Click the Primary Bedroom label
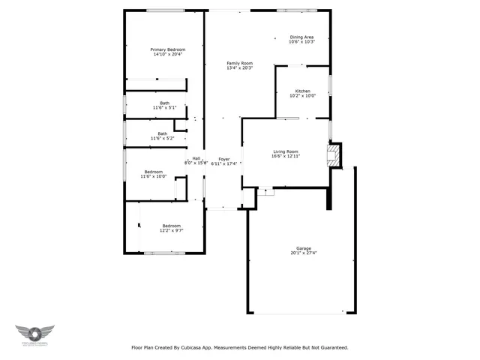point(168,49)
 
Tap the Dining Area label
point(301,37)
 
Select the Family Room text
point(240,63)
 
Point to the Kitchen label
point(302,91)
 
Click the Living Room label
point(285,151)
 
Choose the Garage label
point(303,248)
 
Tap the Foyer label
point(224,159)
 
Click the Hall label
point(196,158)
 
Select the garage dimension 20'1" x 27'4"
point(303,253)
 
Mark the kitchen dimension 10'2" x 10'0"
point(302,96)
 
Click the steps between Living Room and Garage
point(265,192)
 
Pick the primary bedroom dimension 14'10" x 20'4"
point(168,54)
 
